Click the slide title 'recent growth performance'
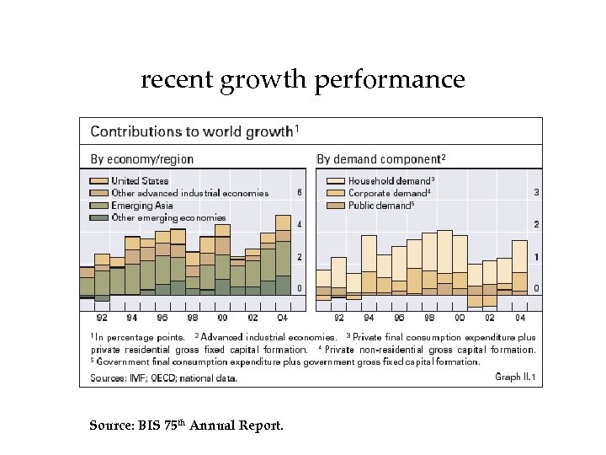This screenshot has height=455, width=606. click(x=302, y=79)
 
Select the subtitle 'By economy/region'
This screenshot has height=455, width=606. click(x=141, y=159)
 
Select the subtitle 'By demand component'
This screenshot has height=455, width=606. click(x=380, y=159)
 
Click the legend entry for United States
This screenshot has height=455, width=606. click(x=139, y=180)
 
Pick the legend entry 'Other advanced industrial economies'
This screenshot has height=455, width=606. click(x=189, y=193)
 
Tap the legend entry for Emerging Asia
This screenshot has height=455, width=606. click(x=142, y=205)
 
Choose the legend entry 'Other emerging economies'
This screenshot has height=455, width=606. click(x=168, y=217)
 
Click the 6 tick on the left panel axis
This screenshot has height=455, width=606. click(x=300, y=193)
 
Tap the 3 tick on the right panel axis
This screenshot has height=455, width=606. click(x=537, y=193)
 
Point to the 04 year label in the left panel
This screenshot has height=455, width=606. click(x=283, y=318)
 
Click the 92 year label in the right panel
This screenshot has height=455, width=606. click(x=338, y=318)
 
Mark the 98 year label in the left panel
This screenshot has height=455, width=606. click(x=192, y=318)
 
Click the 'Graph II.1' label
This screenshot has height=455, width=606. click(x=515, y=377)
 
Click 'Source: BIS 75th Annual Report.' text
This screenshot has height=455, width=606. click(x=186, y=426)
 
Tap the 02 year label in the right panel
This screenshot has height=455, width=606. click(x=490, y=318)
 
